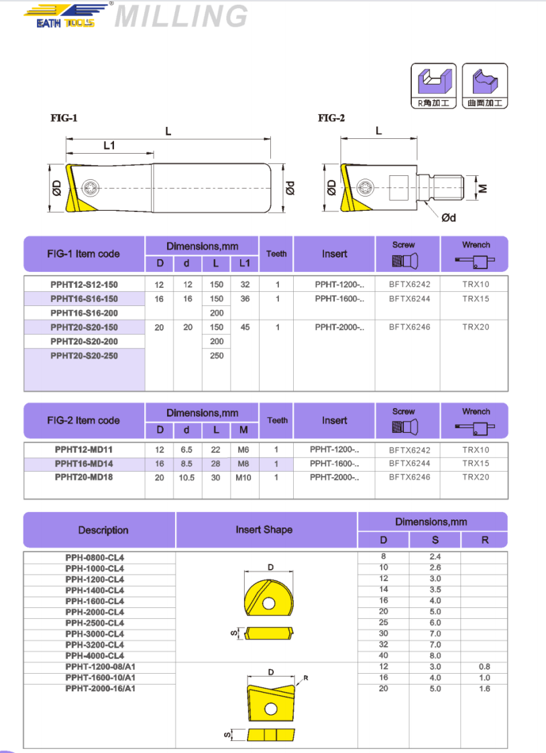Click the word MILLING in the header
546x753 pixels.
[181, 16]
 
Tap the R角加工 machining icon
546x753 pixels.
[433, 86]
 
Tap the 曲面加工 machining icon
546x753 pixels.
[485, 86]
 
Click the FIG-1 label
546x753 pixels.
[64, 118]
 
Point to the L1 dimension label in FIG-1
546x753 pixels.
[109, 145]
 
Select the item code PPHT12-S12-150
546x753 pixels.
[84, 285]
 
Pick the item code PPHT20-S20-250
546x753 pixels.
[84, 356]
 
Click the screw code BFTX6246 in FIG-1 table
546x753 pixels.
[410, 327]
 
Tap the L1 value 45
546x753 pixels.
[245, 327]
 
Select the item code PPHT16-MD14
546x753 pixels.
[84, 464]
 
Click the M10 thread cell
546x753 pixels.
[243, 478]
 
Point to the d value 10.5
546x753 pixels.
[187, 478]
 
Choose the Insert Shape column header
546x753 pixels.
[264, 530]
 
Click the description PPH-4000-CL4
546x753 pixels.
[95, 656]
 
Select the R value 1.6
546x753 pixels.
[485, 689]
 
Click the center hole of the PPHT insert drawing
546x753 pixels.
[270, 709]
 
